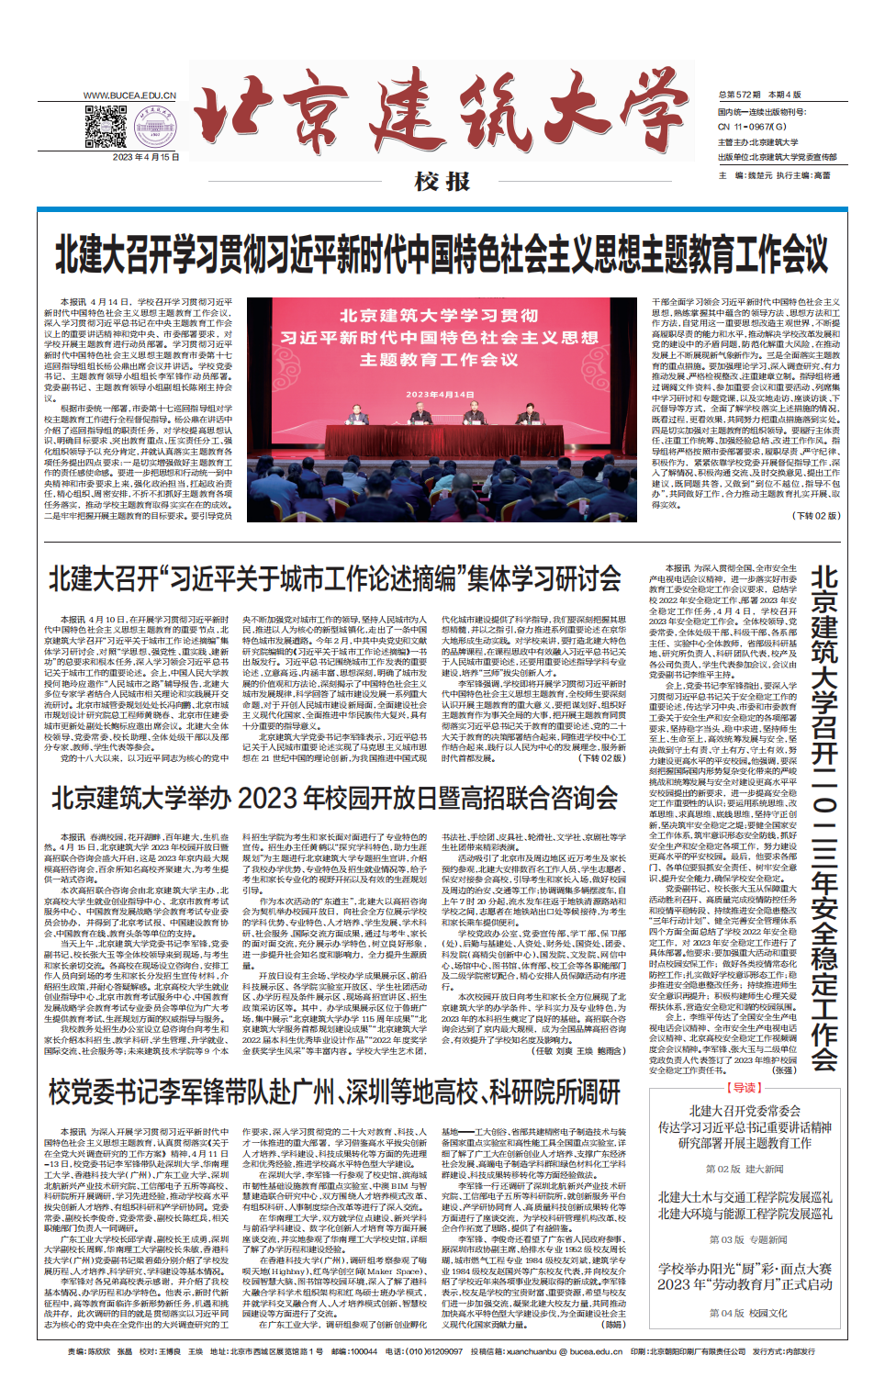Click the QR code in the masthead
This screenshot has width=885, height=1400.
106,127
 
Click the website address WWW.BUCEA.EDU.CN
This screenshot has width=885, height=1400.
129,95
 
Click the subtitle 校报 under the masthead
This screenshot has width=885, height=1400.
442,182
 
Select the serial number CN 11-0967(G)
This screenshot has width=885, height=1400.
752,127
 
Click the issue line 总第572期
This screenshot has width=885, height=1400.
740,95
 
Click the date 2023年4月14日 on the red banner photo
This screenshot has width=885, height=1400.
441,395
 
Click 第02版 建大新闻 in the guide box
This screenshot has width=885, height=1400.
745,1169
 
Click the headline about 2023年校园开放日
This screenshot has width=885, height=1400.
335,798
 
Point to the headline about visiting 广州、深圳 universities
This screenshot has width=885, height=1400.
335,1092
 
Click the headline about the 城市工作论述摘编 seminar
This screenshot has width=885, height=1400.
335,579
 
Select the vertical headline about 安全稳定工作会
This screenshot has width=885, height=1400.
823,817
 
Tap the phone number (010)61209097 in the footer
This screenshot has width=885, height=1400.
423,1351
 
